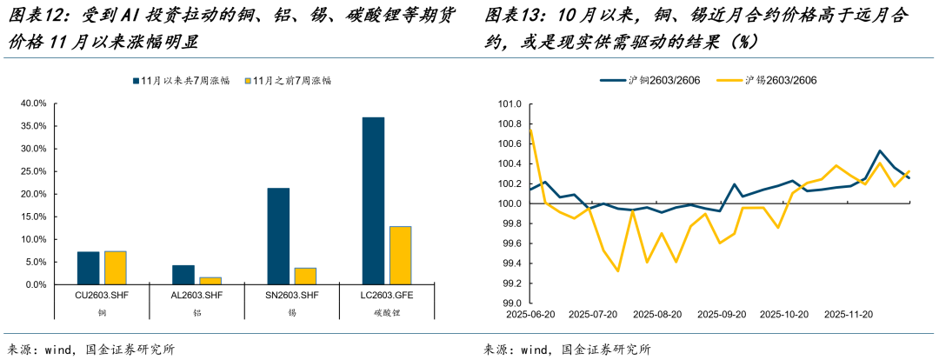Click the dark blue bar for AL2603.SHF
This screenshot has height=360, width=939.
[x=183, y=275]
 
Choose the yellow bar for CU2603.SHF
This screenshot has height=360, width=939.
[x=116, y=268]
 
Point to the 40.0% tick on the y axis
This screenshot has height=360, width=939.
[x=33, y=103]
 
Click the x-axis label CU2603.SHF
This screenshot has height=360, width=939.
[x=102, y=296]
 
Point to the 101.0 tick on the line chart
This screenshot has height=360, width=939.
[x=508, y=104]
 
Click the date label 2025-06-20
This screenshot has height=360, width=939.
[x=529, y=314]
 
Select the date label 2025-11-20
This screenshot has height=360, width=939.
[x=848, y=314]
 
